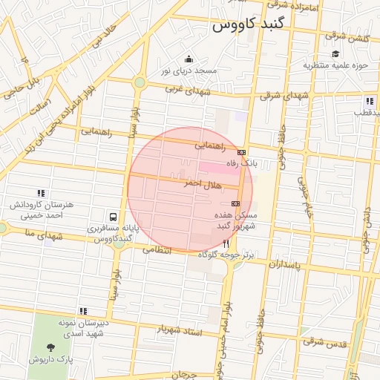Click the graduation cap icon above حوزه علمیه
(336, 53)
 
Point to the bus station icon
(113, 217)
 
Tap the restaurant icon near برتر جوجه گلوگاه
(226, 243)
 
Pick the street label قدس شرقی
(324, 344)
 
